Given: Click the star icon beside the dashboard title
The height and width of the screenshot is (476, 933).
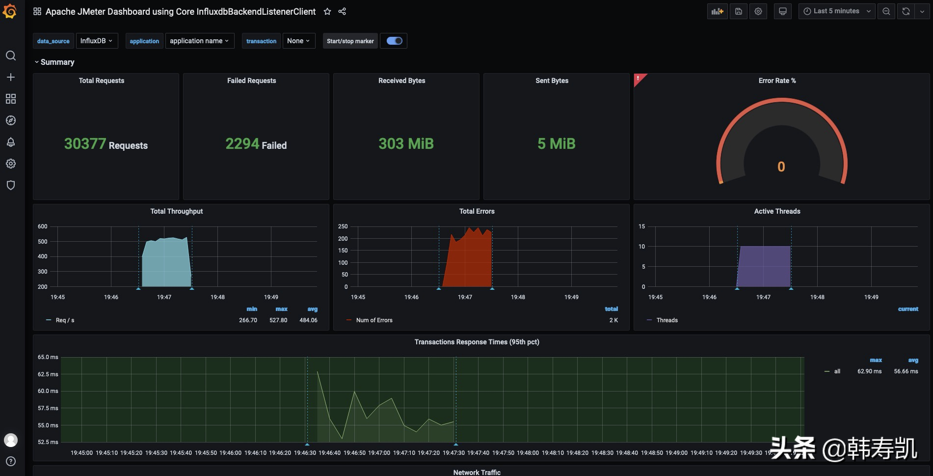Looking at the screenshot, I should pos(327,11).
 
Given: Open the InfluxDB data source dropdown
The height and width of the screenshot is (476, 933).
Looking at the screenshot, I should pos(96,41).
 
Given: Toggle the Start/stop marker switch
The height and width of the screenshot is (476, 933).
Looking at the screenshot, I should pos(394,41).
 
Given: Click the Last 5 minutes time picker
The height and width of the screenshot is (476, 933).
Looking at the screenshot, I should pos(836,11).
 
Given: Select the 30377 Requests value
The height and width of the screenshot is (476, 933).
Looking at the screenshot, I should pos(106,144).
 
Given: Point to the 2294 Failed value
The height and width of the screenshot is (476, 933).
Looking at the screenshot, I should pos(256,144).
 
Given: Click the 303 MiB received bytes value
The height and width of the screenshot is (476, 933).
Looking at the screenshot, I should pos(406,144).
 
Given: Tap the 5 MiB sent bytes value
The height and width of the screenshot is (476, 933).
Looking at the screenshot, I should pos(556,144).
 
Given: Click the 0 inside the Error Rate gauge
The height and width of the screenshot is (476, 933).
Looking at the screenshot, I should pos(781,167).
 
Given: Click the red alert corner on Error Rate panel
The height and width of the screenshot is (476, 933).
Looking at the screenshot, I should pos(638,78).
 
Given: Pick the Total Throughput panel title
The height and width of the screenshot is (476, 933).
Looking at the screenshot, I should pos(176,211).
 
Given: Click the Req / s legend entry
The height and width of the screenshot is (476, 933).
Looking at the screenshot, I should pos(65,320).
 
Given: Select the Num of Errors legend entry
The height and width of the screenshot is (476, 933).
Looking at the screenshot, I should pos(374,320).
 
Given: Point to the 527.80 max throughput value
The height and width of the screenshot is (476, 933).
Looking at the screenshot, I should pos(278,320).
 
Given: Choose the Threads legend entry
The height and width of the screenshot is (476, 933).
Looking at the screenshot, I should pos(666,320).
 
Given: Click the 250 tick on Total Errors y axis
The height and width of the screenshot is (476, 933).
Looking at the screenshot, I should pos(343,226).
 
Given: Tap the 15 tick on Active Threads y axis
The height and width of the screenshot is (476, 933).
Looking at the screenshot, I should pos(641,226).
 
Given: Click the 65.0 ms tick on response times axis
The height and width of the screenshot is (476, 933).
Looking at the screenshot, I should pos(48,357).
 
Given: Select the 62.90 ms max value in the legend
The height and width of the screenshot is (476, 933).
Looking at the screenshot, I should pos(869,371).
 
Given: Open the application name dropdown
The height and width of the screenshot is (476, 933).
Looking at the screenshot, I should pos(199,41).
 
